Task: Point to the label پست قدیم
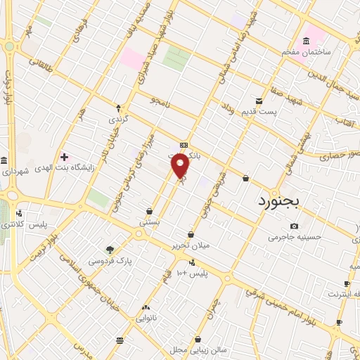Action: pos(276,112)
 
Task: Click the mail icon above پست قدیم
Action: pos(259,101)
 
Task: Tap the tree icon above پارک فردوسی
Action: pos(110,249)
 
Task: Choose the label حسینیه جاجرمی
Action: pos(295,237)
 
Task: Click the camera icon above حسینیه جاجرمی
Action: pos(294,226)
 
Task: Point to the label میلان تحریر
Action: pos(192,246)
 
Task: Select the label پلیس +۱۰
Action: pos(191,272)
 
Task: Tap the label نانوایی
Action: pos(146,319)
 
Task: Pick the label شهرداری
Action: pos(15,172)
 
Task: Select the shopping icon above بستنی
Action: pos(149,210)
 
